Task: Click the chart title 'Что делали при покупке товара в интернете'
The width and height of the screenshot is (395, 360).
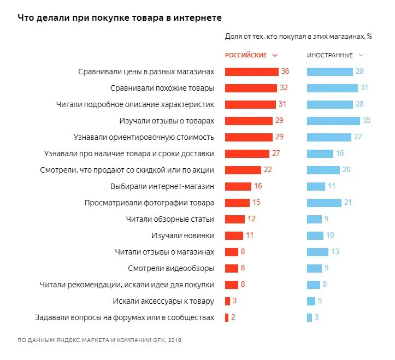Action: [120, 17]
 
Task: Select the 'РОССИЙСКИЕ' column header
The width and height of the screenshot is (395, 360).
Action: [246, 55]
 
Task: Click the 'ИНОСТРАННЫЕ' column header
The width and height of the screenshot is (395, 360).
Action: [329, 55]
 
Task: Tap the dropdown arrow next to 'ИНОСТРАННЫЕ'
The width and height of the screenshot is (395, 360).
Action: [361, 55]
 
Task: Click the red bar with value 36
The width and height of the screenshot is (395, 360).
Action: [251, 72]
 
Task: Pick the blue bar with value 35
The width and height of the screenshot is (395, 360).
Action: [333, 121]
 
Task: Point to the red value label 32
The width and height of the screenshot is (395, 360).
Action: [284, 88]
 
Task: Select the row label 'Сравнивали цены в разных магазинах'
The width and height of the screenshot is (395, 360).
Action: [146, 72]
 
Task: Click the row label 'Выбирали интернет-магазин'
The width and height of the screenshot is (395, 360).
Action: [162, 186]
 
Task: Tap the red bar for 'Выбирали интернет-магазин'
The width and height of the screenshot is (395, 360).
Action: [238, 186]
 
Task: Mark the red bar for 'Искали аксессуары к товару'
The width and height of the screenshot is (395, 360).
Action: [227, 301]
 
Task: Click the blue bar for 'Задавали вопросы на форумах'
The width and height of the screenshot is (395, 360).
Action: [309, 317]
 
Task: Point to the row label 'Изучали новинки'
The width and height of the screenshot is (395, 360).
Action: [182, 235]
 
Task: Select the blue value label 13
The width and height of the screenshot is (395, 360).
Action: [334, 252]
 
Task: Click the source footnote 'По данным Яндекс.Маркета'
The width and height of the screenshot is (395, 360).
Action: [99, 340]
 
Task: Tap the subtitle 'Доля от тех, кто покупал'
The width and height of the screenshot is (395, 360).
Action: [298, 37]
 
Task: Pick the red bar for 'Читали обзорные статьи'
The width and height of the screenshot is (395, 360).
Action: [235, 219]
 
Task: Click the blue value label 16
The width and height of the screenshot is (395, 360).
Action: [340, 154]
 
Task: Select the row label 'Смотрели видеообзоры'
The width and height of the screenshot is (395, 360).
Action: [170, 268]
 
